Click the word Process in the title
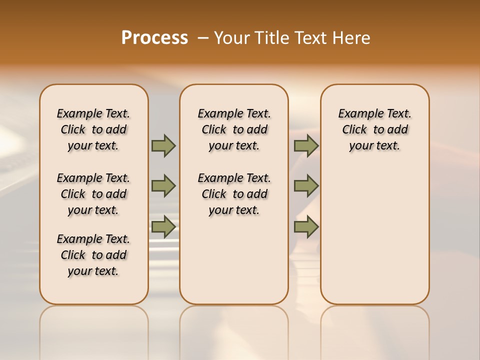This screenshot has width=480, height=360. pyautogui.click(x=154, y=38)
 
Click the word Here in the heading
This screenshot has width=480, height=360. pyautogui.click(x=352, y=38)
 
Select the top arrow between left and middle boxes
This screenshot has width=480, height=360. pyautogui.click(x=163, y=146)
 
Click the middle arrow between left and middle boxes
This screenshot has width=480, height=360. pyautogui.click(x=163, y=186)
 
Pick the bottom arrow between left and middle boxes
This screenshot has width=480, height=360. pyautogui.click(x=163, y=227)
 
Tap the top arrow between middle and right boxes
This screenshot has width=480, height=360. pyautogui.click(x=306, y=146)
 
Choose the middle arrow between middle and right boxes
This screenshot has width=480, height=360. pyautogui.click(x=306, y=186)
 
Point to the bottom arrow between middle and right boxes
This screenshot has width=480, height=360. pyautogui.click(x=306, y=227)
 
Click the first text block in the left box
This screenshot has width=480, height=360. pyautogui.click(x=93, y=129)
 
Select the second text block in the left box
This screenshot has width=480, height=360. pyautogui.click(x=93, y=194)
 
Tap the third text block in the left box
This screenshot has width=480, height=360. pyautogui.click(x=93, y=255)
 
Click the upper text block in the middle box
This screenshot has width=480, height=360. pyautogui.click(x=234, y=129)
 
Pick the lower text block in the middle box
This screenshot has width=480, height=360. pyautogui.click(x=234, y=194)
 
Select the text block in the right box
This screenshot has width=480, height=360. pyautogui.click(x=375, y=129)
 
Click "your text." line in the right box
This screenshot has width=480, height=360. pyautogui.click(x=375, y=146)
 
